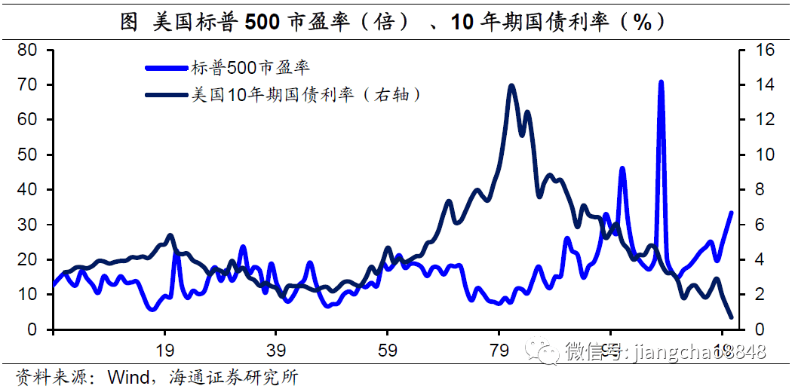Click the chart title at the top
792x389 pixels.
click(x=395, y=22)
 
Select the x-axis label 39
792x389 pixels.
click(x=276, y=350)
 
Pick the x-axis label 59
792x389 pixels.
click(x=388, y=350)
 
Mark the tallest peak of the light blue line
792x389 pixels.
click(x=661, y=81)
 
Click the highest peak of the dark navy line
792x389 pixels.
click(x=511, y=86)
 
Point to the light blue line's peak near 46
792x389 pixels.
click(x=622, y=168)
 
